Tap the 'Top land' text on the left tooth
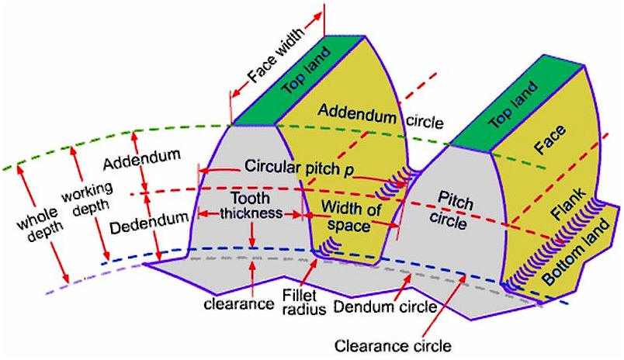[306, 71]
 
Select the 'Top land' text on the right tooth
[513, 105]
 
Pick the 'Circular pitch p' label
[299, 168]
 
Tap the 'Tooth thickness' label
[251, 206]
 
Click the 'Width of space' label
[351, 216]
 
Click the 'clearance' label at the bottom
[239, 304]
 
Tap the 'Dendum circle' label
[385, 306]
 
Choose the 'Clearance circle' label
[393, 346]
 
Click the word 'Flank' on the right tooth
[569, 204]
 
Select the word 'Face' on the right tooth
[549, 140]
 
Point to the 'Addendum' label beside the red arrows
[142, 158]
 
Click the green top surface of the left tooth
[299, 81]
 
